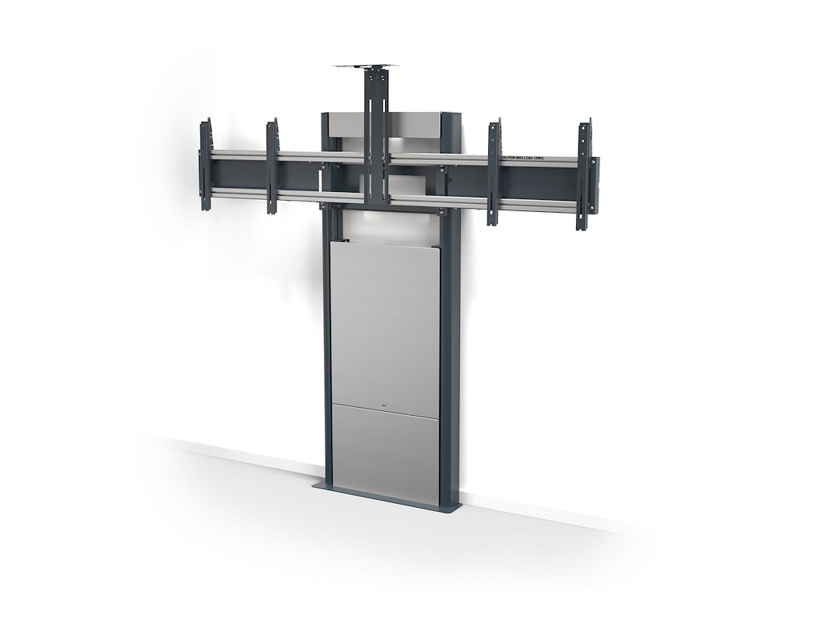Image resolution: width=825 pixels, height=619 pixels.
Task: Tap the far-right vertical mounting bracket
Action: pos(582,176)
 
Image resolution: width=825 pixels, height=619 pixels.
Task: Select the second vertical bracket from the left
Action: pos(272,165)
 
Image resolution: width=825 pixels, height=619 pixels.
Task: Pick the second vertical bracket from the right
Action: pos(493,172)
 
